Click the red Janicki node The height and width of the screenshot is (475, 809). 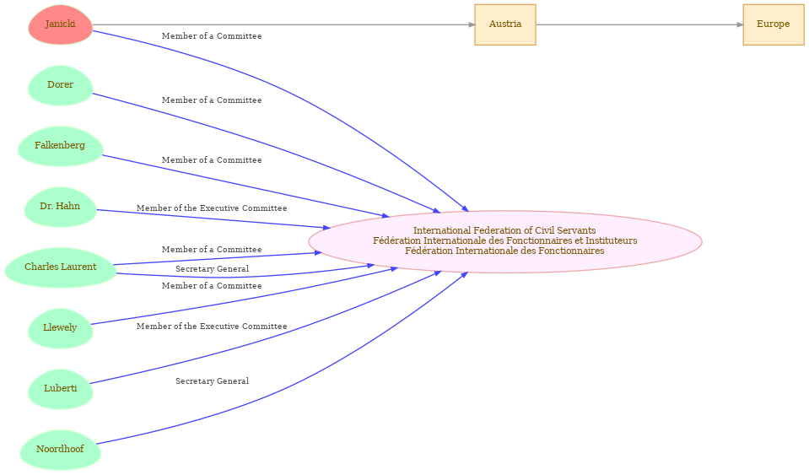click(61, 24)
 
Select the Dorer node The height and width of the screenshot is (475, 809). click(61, 85)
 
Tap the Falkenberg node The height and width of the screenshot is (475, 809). click(61, 146)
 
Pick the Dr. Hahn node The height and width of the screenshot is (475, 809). click(61, 207)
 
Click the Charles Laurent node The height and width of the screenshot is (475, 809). click(61, 267)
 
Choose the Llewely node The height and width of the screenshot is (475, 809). click(61, 328)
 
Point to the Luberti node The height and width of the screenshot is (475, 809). click(61, 389)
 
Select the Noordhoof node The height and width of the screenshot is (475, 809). click(61, 450)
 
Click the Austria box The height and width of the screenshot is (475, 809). click(505, 24)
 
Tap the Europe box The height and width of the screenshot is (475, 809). click(774, 24)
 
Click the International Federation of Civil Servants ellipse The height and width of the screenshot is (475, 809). click(505, 241)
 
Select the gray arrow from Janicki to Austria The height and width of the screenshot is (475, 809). click(283, 24)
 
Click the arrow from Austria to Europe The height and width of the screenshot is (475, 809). click(639, 24)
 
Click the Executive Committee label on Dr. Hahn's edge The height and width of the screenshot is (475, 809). click(212, 208)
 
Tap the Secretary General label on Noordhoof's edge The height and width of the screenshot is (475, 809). click(212, 381)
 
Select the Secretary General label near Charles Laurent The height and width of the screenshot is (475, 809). click(212, 269)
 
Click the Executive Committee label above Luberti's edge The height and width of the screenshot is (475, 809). click(212, 327)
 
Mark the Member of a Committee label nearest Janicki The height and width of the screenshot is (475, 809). click(212, 36)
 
